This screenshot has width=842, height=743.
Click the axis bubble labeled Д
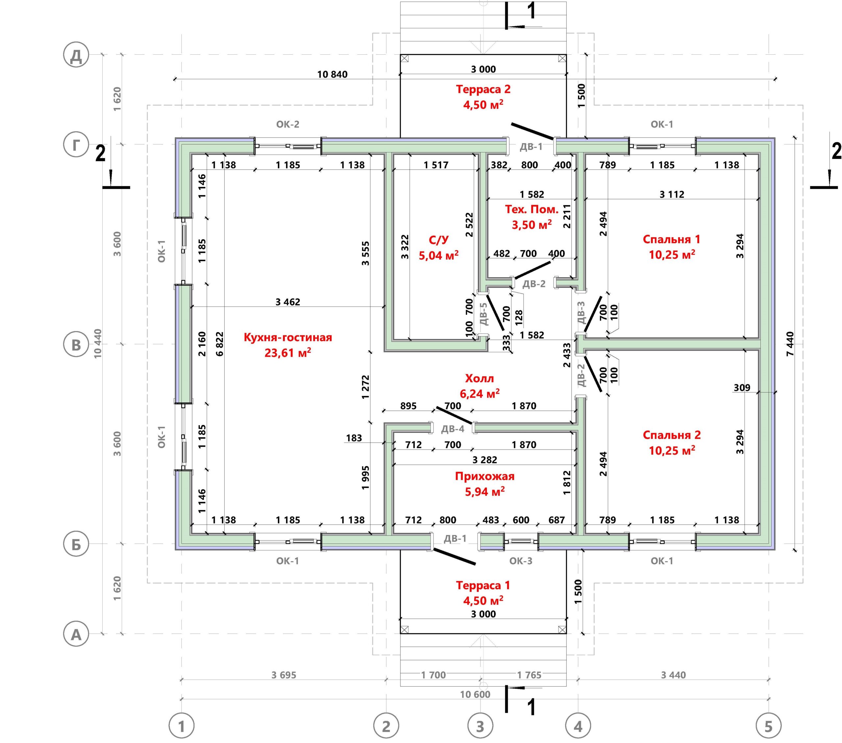[x=76, y=55]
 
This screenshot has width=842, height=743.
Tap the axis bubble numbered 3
[x=480, y=726]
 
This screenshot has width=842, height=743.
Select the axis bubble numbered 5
[x=769, y=726]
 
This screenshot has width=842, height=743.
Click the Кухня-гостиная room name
[x=287, y=337]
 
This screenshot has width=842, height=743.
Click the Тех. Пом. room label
[x=532, y=209]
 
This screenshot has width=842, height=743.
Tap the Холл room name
[x=480, y=378]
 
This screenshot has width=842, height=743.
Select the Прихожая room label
[x=485, y=476]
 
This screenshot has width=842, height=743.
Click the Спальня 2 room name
[x=672, y=435]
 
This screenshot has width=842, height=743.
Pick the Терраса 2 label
[x=483, y=89]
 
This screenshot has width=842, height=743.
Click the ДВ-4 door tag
[x=453, y=429]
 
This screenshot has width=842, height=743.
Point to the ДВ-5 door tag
[x=483, y=314]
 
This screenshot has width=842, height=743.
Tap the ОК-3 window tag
[x=521, y=561]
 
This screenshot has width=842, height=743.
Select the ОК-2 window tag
[x=287, y=124]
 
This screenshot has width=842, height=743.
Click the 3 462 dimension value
[x=287, y=302]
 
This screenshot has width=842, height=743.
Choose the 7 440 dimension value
[x=790, y=344]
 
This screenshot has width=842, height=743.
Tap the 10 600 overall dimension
[x=475, y=695]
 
